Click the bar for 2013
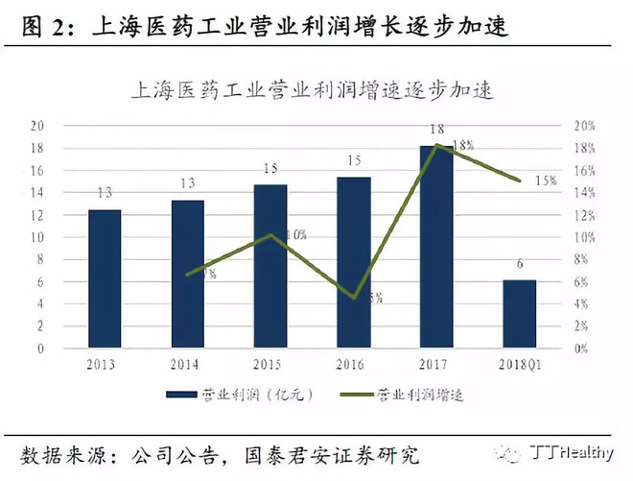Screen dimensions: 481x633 [x=105, y=278]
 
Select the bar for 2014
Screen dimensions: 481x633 [x=188, y=275]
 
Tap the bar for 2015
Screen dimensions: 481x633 [x=270, y=267]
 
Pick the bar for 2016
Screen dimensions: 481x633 [x=354, y=263]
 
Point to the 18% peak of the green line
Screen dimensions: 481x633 [x=437, y=145]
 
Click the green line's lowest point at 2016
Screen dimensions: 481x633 [x=354, y=298]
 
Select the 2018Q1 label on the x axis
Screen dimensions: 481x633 [x=520, y=364]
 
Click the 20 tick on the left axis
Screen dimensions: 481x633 [x=37, y=125]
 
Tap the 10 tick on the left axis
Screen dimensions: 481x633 [x=37, y=237]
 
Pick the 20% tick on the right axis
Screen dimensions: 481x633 [x=585, y=125]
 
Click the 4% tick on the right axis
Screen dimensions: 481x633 [x=582, y=304]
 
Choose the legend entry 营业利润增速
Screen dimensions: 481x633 [x=405, y=394]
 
